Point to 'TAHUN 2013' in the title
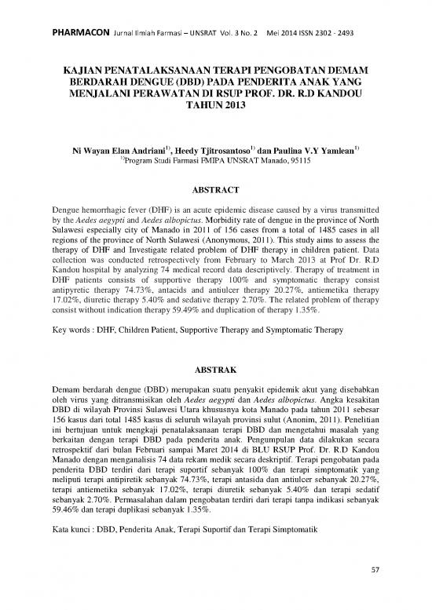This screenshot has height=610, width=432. point(215,104)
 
